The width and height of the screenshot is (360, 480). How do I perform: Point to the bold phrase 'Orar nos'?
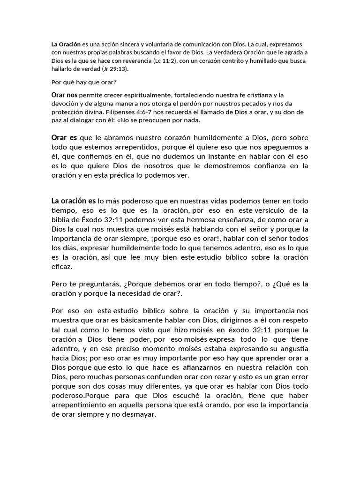(65, 95)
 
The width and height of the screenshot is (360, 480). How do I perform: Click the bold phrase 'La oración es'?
(74, 201)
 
